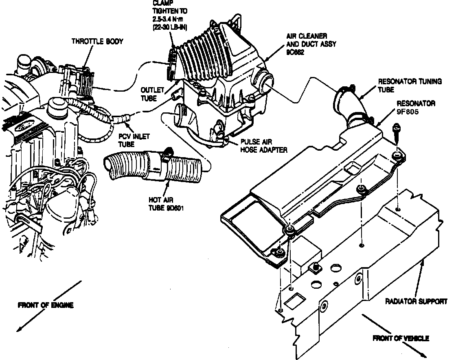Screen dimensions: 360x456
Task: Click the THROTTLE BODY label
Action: pyautogui.click(x=97, y=42)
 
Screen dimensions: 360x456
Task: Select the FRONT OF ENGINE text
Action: pyautogui.click(x=46, y=305)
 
